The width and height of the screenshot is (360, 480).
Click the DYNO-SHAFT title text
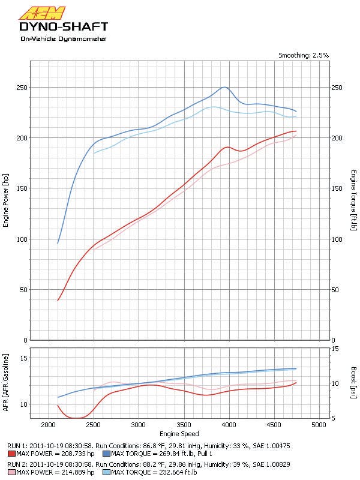(x=64, y=27)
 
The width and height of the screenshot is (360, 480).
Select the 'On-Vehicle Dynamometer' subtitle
(x=64, y=39)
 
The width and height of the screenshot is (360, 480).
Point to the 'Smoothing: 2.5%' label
(x=303, y=55)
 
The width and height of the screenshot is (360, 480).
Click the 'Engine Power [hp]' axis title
(x=6, y=201)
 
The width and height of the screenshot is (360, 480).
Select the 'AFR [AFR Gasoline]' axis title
(x=6, y=382)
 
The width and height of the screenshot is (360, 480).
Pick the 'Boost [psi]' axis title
(x=355, y=382)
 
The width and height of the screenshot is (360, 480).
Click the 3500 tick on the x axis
(x=184, y=425)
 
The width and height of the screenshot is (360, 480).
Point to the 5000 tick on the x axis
(x=319, y=425)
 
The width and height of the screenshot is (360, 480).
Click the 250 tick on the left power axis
(x=23, y=88)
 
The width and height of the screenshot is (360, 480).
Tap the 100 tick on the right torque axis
(x=337, y=239)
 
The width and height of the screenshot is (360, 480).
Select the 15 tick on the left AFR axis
(x=25, y=358)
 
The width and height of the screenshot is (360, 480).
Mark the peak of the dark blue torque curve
(x=224, y=87)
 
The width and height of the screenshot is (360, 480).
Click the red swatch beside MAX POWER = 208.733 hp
(x=11, y=454)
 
